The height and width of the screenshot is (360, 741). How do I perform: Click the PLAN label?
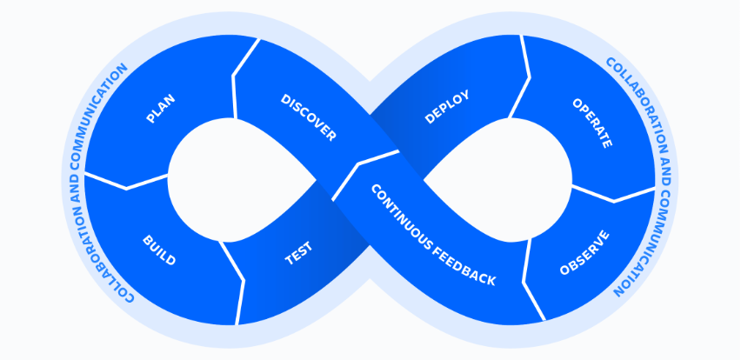tap(161, 109)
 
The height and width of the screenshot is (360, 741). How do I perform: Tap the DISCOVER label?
tap(308, 117)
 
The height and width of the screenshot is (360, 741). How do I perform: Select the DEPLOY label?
tap(447, 107)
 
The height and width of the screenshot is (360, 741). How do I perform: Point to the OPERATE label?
tap(592, 123)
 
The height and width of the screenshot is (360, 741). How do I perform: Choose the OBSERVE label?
tap(584, 252)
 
